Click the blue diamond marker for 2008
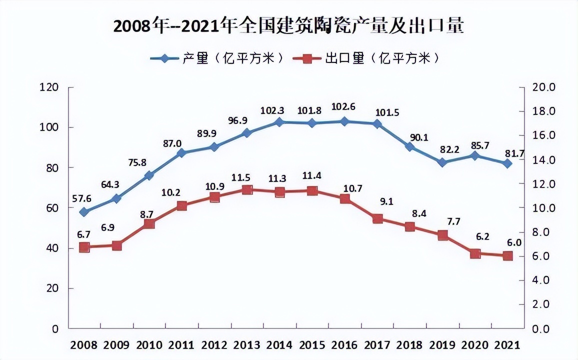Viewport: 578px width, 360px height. [84, 212]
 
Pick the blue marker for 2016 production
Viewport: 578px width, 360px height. [344, 121]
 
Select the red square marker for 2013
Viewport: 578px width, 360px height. [247, 190]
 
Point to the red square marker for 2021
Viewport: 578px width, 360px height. [507, 256]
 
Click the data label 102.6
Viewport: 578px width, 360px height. [344, 107]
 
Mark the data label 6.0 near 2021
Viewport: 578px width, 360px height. [514, 242]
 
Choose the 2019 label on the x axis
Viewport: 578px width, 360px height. [442, 345]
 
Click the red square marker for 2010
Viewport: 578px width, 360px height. [149, 224]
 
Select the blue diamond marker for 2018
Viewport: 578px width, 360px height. [409, 146]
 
